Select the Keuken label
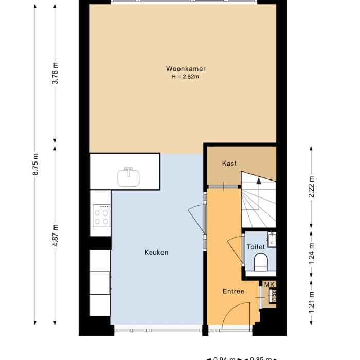156,253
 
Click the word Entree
233,292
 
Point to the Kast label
229,164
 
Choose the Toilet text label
256,247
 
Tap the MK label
270,284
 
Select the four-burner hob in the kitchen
100,215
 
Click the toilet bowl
261,261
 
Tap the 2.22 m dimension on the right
312,186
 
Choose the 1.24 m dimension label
312,255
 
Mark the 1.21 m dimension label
312,302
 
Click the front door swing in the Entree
239,314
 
